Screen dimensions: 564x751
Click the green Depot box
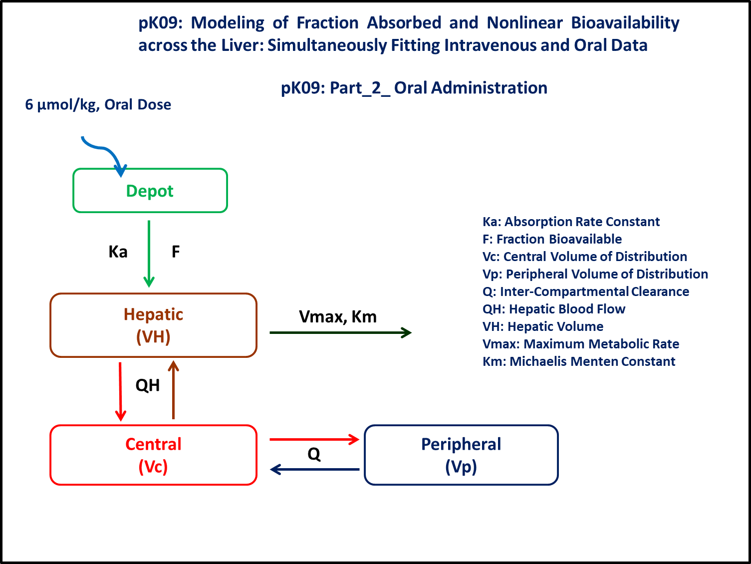150,191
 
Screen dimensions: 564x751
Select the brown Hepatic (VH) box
153,325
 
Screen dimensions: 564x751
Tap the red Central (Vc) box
153,455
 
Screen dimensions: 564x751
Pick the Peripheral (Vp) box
461,455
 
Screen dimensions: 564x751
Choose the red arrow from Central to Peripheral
314,439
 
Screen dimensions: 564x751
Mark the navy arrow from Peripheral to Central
314,469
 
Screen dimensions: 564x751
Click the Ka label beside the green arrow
118,252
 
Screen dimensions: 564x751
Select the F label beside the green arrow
176,252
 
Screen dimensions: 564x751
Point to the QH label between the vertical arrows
148,385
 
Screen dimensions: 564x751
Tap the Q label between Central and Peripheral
314,454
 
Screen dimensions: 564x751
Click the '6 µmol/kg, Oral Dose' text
98,105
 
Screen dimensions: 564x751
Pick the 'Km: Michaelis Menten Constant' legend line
579,361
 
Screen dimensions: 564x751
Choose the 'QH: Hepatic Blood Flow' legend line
554,309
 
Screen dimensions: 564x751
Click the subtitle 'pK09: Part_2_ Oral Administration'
414,88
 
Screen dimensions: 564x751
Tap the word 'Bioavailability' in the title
625,23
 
